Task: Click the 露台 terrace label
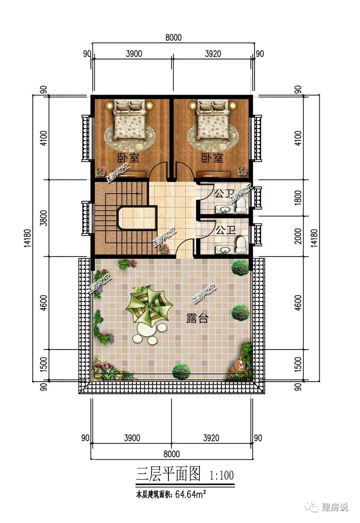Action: point(197,318)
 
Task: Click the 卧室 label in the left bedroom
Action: point(128,158)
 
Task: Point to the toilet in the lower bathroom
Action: point(241,245)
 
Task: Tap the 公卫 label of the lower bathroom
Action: point(225,230)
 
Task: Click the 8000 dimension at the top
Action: point(174,37)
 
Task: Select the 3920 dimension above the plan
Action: point(213,54)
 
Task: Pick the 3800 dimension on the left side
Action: point(44,218)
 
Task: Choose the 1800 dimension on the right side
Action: point(298,198)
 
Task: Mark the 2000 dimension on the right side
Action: point(298,236)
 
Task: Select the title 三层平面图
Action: point(168,474)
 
